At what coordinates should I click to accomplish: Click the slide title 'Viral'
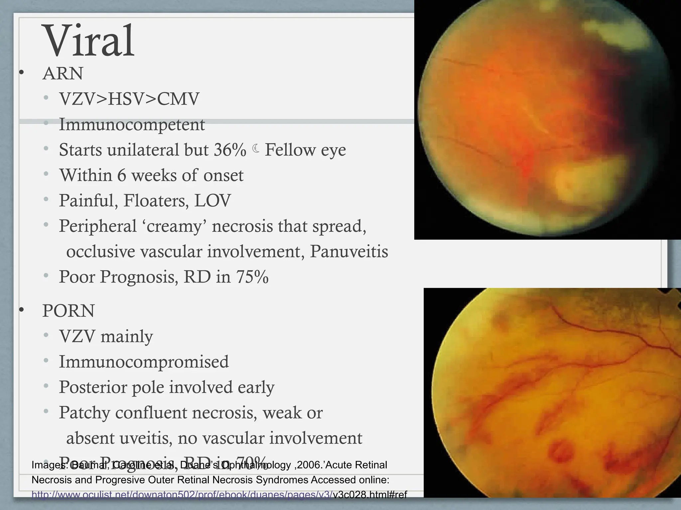89,41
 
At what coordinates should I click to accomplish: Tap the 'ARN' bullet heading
63,73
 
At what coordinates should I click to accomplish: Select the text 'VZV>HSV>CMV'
129,99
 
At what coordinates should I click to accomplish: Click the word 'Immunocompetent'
132,125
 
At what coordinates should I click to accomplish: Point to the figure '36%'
230,150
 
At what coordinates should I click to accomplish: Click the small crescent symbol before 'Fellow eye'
256,149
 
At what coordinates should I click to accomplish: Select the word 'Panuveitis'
349,251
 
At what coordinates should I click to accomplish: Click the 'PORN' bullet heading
68,311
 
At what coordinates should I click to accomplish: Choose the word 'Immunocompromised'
144,362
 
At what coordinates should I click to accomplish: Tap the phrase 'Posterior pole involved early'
167,387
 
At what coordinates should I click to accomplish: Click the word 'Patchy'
84,413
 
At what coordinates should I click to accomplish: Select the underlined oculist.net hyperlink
182,495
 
